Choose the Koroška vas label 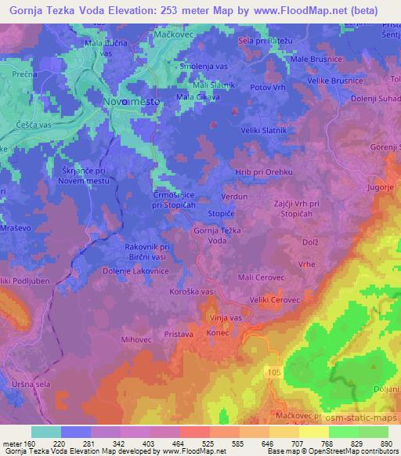[191, 291]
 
